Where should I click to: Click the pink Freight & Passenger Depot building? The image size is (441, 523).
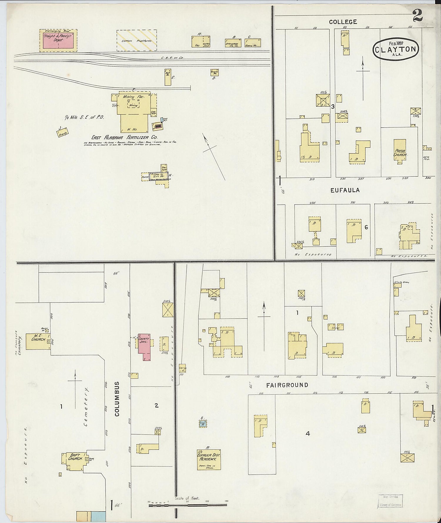coord(58,40)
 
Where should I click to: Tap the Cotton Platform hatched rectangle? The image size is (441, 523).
coord(136,40)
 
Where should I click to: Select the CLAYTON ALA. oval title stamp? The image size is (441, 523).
coord(396,49)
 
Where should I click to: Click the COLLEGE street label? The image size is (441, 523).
coord(343,22)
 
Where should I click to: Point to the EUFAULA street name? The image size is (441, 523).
coord(345,190)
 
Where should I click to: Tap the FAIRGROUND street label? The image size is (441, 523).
coord(287,385)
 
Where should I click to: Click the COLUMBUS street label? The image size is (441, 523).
coord(117,399)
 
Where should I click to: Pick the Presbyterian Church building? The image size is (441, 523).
coord(400,150)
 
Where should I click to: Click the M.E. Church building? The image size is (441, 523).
coord(38,341)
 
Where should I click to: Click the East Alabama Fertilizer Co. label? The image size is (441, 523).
coord(124,137)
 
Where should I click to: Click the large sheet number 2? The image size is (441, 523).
coord(417,16)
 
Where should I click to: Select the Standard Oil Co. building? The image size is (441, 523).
coord(233,43)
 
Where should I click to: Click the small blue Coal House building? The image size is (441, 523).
coord(203,424)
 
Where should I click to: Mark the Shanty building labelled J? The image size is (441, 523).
coord(63,133)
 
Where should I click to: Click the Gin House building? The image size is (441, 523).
coord(159,176)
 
